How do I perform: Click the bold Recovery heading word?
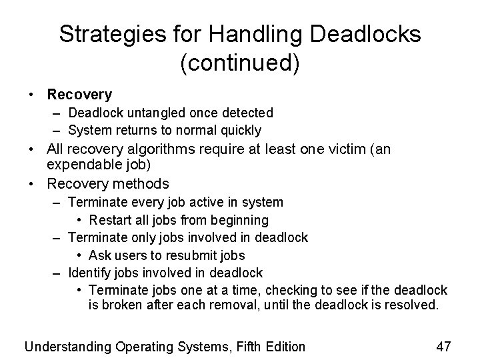(79, 95)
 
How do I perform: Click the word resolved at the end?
(411, 305)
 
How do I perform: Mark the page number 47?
(443, 346)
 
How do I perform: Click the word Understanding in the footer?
(68, 346)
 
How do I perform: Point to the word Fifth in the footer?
(235, 346)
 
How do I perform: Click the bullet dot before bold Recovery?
(32, 96)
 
